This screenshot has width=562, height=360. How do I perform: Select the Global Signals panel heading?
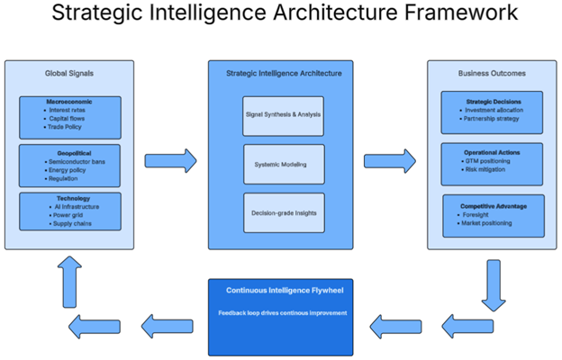pyautogui.click(x=69, y=73)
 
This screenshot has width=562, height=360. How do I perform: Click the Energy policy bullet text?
pyautogui.click(x=70, y=169)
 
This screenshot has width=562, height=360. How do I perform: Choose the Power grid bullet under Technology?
pyautogui.click(x=68, y=214)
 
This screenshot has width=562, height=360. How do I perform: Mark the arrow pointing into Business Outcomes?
pyautogui.click(x=389, y=162)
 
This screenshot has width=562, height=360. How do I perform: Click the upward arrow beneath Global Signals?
pyautogui.click(x=69, y=275)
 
